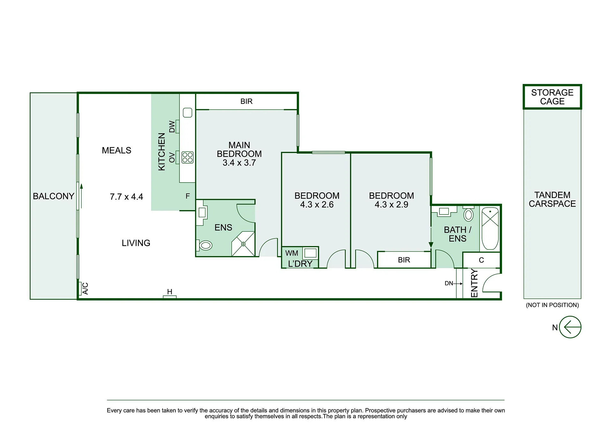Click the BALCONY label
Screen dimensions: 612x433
pos(54,196)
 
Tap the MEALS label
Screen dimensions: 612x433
pos(116,150)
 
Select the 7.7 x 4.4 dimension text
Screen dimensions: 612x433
pos(126,197)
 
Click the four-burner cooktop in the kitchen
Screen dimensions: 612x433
pos(188,157)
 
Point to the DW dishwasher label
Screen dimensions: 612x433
pos(172,126)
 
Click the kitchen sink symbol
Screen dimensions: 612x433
pos(188,113)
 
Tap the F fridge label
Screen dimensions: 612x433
pos(188,196)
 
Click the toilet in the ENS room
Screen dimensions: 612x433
pos(205,245)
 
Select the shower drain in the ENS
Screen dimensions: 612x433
pos(243,244)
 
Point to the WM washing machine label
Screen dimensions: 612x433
pos(291,253)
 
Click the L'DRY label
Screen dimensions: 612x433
pos(300,264)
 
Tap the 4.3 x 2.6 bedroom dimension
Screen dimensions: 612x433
pos(317,205)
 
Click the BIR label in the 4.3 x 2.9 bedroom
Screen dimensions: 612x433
pos(404,260)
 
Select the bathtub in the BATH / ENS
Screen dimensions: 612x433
pos(490,228)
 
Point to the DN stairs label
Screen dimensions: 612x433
pos(449,283)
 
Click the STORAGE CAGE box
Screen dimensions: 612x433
pos(552,97)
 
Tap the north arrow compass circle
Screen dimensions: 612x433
pos(570,327)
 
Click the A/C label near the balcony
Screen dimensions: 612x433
pos(85,288)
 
